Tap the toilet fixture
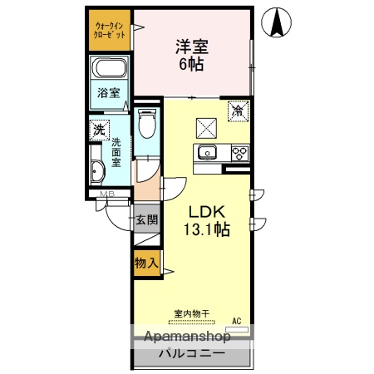point(147,125)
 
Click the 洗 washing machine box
point(100,130)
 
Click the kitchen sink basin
point(205,152)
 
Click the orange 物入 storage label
point(146,263)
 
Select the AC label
point(236,321)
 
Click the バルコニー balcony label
point(192,354)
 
